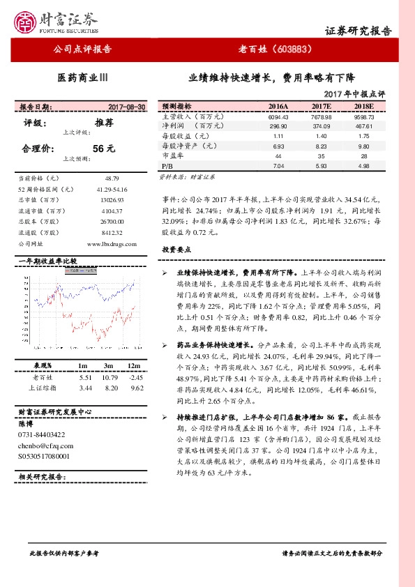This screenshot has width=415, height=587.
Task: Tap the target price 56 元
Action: pos(103,148)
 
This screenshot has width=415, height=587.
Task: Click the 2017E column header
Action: pos(321,107)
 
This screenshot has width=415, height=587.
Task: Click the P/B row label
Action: pos(167,167)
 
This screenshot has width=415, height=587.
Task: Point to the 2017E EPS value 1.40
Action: pos(321,136)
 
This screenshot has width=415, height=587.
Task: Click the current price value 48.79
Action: pos(112,179)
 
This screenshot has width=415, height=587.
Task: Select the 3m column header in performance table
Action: pos(108,365)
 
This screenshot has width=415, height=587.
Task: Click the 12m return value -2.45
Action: pos(135,376)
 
